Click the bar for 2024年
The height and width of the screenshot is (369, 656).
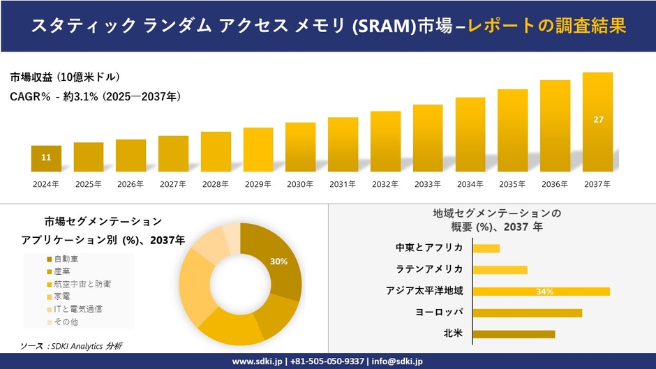coord(46,158)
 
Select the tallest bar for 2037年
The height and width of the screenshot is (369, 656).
coord(598,122)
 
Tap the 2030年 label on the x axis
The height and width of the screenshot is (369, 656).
coord(300,184)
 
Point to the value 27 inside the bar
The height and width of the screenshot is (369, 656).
coord(598,120)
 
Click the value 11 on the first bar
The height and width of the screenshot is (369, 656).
coord(46,158)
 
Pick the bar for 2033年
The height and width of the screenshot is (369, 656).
coord(428,138)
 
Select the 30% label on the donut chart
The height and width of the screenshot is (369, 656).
coord(279,261)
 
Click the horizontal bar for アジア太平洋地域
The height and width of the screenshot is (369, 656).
coord(541,291)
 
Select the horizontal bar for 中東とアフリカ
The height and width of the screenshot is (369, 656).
coord(486,248)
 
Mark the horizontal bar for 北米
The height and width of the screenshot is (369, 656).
coord(514,333)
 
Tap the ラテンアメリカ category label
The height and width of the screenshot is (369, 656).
coord(430,269)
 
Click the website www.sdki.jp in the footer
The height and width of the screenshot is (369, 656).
coord(257,361)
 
